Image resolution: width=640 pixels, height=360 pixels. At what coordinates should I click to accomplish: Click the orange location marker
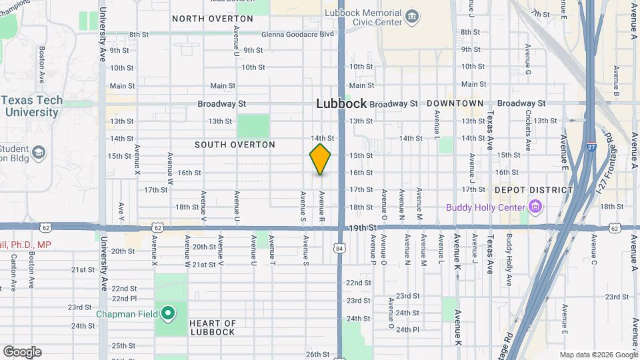[320, 159]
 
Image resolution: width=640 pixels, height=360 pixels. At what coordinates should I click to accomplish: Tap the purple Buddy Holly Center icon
[535, 207]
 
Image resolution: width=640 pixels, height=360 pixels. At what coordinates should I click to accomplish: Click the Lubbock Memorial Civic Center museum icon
[413, 15]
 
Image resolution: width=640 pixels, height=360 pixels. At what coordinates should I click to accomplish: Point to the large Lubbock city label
[341, 103]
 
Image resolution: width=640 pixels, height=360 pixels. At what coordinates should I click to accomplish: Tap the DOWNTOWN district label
[455, 103]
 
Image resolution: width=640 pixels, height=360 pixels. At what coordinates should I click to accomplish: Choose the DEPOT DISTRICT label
[533, 190]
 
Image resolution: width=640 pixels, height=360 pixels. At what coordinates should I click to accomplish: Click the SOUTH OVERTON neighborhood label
[235, 145]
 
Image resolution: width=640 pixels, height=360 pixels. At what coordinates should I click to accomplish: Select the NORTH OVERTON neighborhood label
[213, 19]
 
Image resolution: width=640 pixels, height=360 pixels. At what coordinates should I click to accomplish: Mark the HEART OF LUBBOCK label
[213, 327]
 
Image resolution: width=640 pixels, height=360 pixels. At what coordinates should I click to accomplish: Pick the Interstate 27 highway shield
[592, 147]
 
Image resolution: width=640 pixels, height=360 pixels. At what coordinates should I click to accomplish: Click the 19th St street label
[364, 228]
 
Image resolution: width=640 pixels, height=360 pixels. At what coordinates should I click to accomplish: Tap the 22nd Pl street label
[124, 298]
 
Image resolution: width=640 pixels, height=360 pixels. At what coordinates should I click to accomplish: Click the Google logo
[22, 352]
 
